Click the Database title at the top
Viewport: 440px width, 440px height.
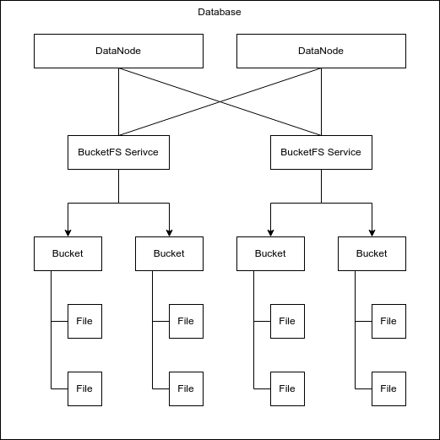(220, 14)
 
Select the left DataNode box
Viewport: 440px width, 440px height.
(118, 51)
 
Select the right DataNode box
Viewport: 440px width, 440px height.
(321, 51)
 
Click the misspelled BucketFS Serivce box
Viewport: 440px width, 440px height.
(118, 152)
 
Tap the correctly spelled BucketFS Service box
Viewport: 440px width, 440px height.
(321, 152)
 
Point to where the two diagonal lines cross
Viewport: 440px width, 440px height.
(220, 101)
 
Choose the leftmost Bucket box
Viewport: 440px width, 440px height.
(68, 253)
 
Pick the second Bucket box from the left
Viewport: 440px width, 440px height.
(169, 253)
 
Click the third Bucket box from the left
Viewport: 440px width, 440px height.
(270, 253)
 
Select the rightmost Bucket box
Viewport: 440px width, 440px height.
(372, 253)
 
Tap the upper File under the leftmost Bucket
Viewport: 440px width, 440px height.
(84, 321)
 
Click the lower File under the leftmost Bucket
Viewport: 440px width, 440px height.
(84, 388)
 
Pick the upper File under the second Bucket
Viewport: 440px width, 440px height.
(186, 321)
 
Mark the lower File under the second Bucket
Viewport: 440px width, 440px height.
(186, 388)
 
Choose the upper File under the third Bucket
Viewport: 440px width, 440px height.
(287, 321)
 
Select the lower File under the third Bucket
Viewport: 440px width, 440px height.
(287, 388)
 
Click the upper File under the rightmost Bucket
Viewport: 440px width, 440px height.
(388, 321)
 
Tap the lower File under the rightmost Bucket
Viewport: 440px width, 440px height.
(388, 388)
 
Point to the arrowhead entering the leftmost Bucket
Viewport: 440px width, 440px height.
(68, 232)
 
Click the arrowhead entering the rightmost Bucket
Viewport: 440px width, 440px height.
(372, 232)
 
